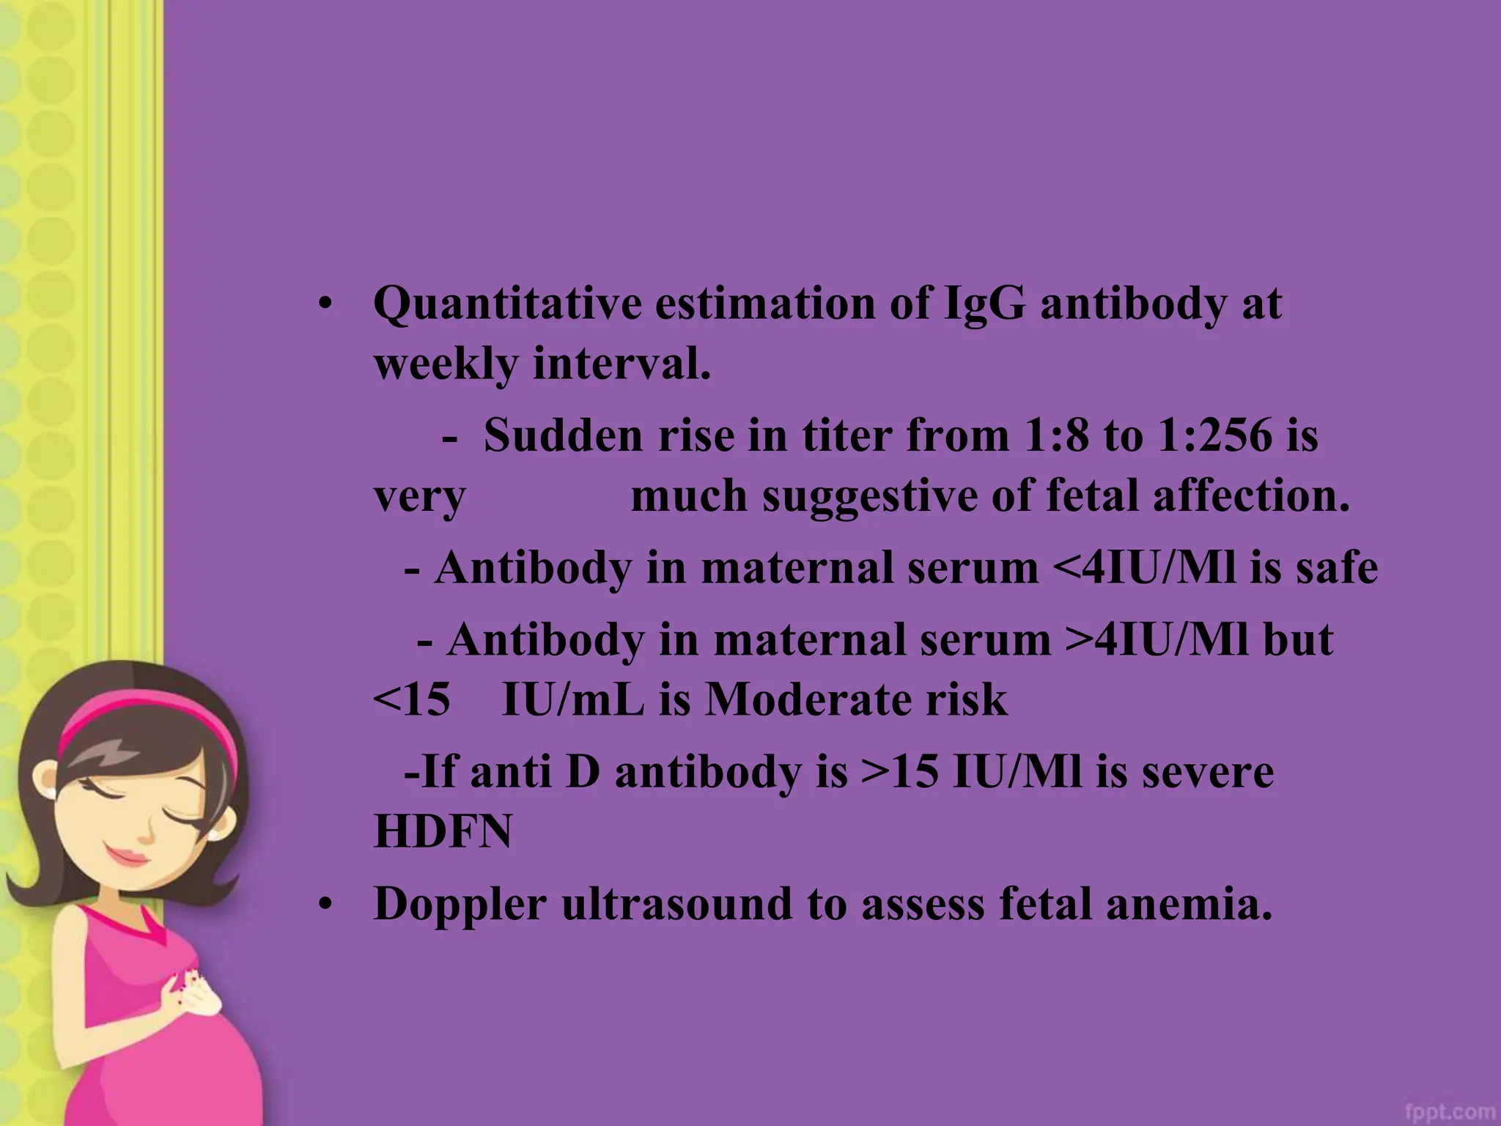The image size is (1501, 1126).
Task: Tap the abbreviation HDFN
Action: coord(443,832)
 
